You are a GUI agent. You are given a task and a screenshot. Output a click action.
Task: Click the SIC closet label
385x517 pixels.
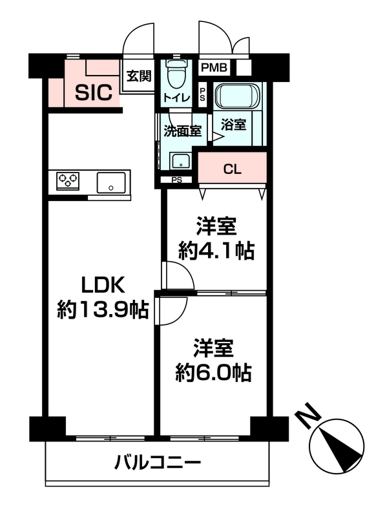coord(94,92)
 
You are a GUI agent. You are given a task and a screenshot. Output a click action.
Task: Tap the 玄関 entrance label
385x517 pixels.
coord(139,76)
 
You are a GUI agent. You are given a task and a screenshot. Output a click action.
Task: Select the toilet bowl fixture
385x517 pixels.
coord(177,74)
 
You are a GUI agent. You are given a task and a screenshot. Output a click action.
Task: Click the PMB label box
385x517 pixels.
coord(214,68)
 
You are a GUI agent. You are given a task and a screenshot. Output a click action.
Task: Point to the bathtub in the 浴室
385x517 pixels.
coord(237,96)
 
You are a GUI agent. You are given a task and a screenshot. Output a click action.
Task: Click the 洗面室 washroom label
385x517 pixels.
coord(183,131)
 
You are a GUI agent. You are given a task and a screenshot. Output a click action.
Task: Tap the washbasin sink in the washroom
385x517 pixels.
coord(180,161)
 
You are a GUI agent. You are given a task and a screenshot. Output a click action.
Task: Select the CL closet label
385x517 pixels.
coord(233,169)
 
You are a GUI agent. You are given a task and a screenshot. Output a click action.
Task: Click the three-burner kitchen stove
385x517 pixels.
coord(68,181)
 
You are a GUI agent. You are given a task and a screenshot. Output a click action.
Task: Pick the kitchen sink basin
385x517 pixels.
coord(111,182)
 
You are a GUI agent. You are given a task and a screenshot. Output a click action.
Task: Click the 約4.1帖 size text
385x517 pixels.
coord(216,251)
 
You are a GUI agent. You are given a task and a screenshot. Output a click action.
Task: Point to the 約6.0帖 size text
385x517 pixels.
coord(214,373)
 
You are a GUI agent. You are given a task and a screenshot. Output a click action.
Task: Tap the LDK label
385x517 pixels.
coord(103,285)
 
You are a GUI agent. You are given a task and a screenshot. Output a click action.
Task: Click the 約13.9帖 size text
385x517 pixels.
coord(103,310)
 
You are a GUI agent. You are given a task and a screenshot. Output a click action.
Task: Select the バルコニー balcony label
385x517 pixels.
coord(157,462)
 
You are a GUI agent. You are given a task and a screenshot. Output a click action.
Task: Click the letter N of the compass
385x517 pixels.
coord(309,415)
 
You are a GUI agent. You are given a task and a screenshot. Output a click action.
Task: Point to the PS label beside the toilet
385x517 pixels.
coord(202,94)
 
